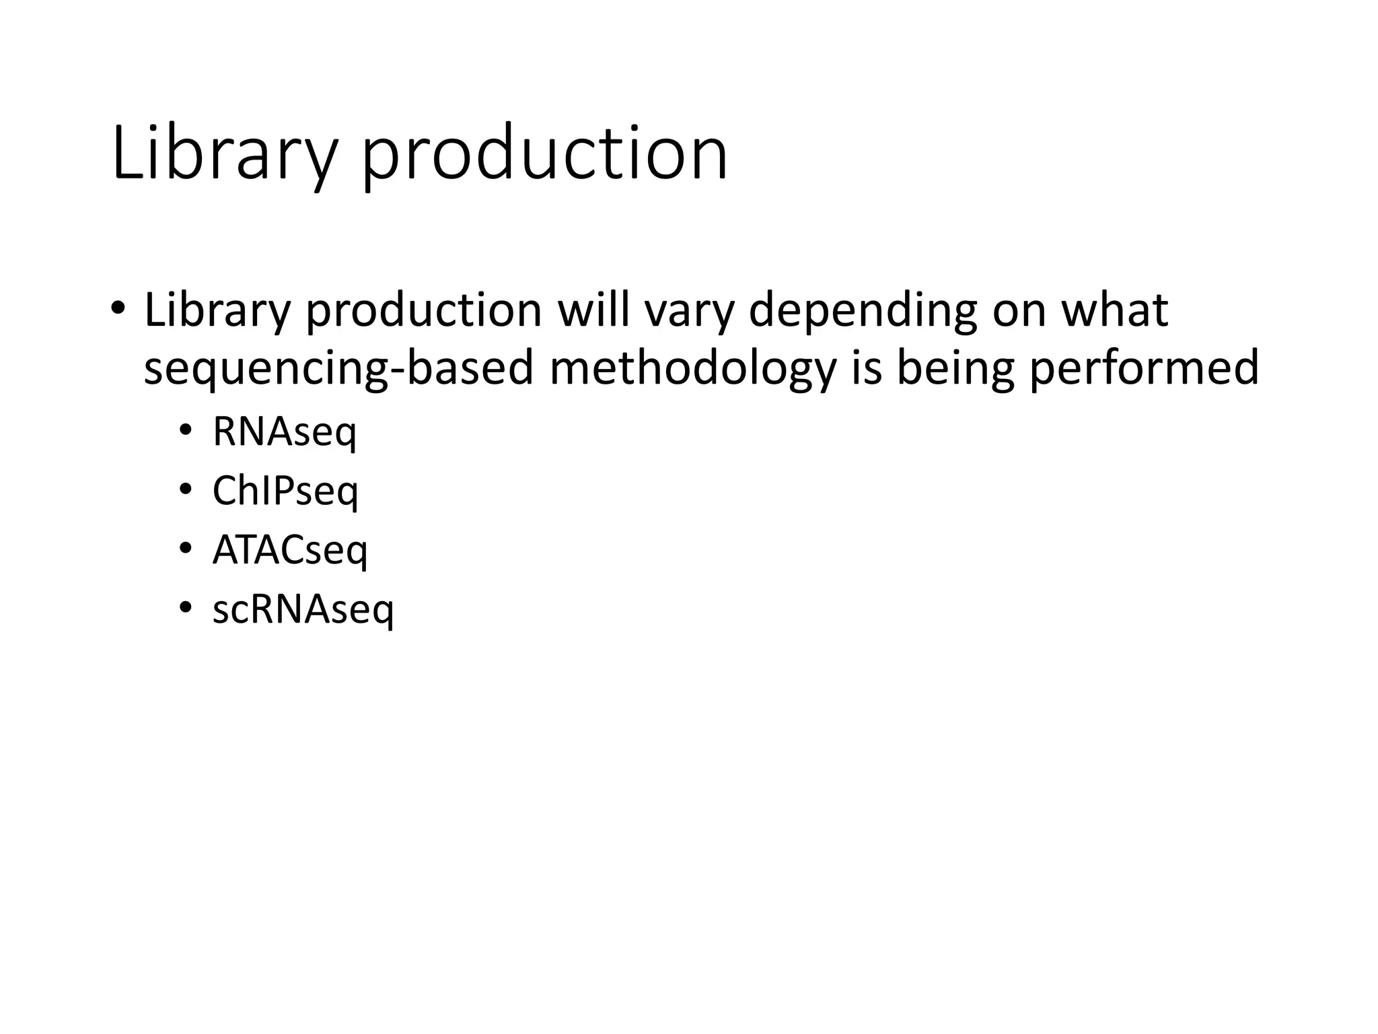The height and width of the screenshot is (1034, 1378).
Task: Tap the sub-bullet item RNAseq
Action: (284, 432)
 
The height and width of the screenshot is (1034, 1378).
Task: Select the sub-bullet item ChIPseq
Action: (285, 491)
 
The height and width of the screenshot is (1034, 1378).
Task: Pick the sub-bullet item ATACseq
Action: (290, 550)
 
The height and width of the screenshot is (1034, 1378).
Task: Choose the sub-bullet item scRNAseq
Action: (303, 609)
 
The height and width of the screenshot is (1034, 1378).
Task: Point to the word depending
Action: (862, 311)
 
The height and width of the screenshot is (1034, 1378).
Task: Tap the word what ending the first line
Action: (1114, 311)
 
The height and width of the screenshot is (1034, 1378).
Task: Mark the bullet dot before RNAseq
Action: (186, 431)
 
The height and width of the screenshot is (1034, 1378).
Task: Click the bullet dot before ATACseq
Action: (186, 549)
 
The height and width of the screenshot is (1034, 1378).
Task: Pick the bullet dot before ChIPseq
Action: (186, 490)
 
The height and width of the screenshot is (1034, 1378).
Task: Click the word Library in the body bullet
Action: (217, 311)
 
